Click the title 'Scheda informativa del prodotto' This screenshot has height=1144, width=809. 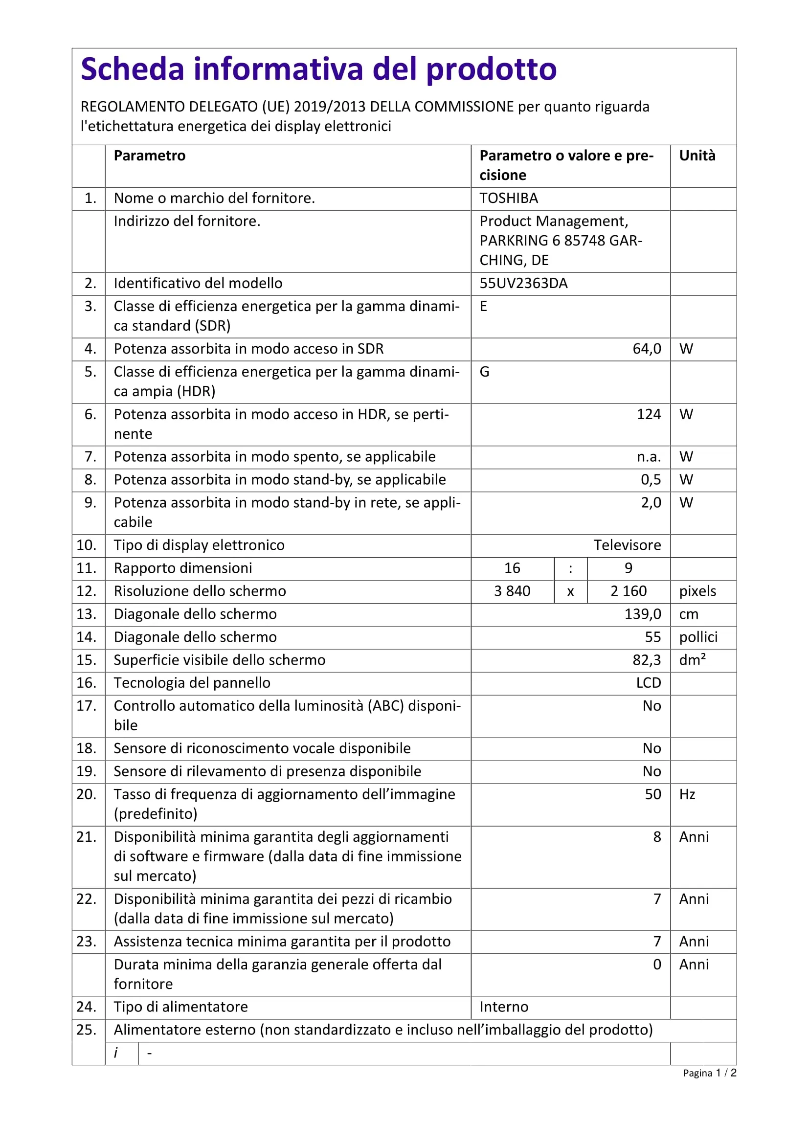(318, 69)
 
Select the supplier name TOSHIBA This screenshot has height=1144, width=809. (509, 198)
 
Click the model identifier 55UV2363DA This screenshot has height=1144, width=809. (523, 284)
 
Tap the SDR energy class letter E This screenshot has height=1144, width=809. (483, 307)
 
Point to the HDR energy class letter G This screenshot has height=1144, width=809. (484, 372)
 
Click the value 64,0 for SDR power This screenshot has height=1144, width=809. (646, 349)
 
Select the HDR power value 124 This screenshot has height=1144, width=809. (648, 415)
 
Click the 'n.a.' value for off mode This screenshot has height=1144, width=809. (649, 457)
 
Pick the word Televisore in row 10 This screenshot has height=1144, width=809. (627, 545)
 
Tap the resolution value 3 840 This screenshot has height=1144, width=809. (512, 591)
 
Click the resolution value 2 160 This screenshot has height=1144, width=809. (628, 591)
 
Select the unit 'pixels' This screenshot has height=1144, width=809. (697, 591)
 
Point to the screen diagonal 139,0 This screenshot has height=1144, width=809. (642, 614)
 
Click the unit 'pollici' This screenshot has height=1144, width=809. (698, 637)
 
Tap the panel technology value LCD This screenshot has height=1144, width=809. (648, 683)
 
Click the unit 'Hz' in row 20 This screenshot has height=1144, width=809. (687, 795)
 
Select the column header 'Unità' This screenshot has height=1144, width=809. (697, 156)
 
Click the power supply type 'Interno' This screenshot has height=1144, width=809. (504, 1007)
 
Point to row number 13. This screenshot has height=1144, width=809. (86, 614)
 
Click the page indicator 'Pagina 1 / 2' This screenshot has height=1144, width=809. (709, 1073)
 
